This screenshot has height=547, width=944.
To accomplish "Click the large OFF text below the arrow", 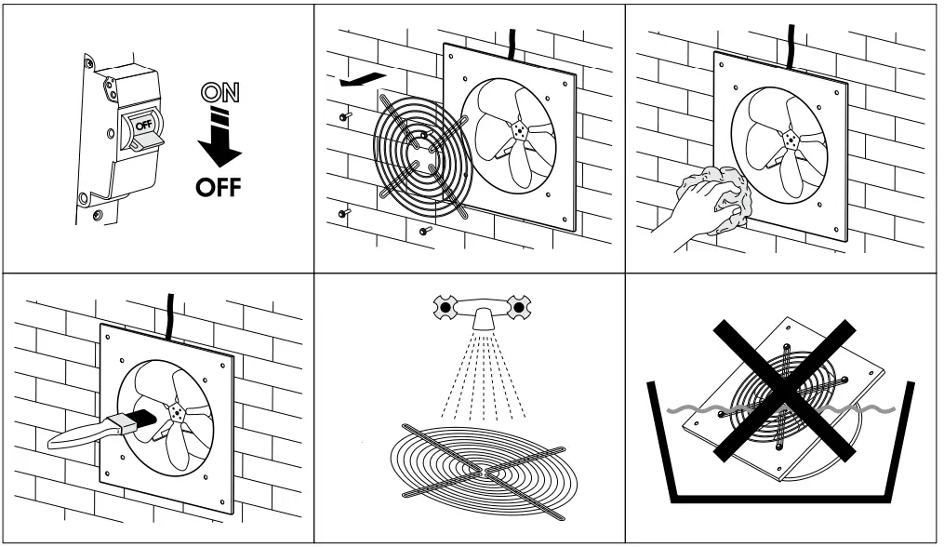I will (218, 186).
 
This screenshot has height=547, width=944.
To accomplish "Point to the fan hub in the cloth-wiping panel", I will (790, 139).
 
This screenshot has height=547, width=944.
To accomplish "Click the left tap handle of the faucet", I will (446, 306).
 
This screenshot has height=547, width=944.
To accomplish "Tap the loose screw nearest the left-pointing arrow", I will (345, 117).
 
